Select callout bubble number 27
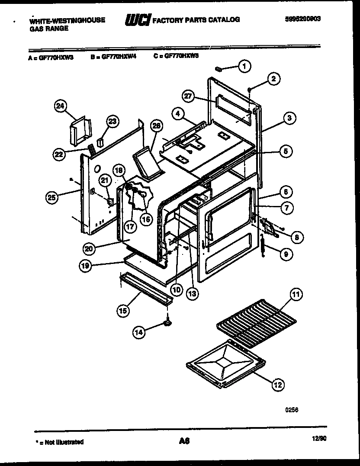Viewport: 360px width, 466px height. (x=187, y=96)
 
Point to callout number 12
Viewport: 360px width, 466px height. (x=278, y=383)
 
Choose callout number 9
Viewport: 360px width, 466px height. (x=285, y=254)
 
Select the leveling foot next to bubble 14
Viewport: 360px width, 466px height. (x=166, y=322)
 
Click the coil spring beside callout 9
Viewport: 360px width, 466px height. (x=263, y=248)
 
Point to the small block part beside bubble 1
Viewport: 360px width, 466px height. (x=219, y=68)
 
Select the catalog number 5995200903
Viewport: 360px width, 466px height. (x=305, y=19)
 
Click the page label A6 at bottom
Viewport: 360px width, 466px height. (x=184, y=441)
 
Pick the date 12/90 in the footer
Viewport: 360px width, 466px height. (x=318, y=439)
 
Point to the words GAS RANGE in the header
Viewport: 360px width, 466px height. (x=49, y=28)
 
